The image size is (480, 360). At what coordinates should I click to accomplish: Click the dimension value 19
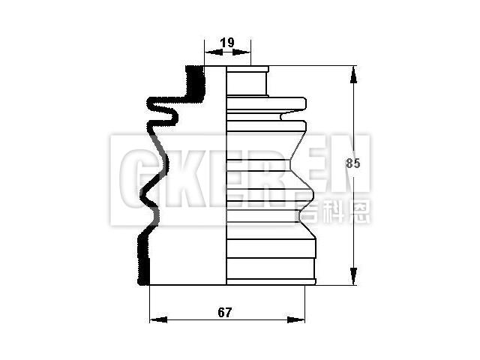[227, 43]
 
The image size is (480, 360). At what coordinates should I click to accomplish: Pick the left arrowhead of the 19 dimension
[209, 52]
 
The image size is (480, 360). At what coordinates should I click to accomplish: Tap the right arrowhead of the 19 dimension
[246, 52]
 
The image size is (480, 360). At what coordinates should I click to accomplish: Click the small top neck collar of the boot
[247, 80]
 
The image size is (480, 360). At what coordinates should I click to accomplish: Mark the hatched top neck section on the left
[193, 82]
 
